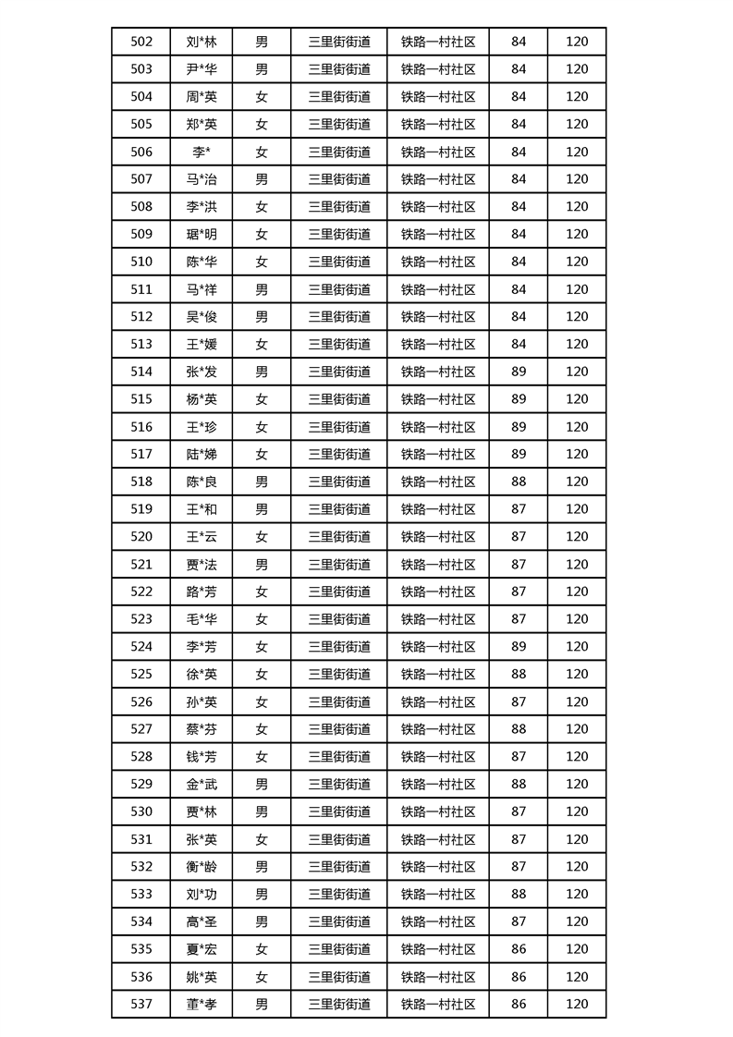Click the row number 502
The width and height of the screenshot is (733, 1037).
(141, 42)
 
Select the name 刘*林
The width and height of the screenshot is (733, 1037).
(202, 42)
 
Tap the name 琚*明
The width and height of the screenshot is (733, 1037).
(202, 235)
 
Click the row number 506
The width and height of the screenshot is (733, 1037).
(141, 152)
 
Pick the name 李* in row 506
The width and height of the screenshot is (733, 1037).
(202, 152)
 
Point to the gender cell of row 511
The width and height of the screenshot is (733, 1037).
(262, 289)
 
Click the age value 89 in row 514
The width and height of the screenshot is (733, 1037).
(519, 372)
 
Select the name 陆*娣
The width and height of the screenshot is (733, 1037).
(202, 454)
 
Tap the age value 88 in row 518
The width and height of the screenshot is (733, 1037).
(519, 482)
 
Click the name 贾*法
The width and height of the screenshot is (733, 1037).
(202, 564)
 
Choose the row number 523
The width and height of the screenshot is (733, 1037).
(141, 619)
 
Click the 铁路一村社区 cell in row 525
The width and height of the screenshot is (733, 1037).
(438, 674)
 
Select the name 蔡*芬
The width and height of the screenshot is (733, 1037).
(202, 729)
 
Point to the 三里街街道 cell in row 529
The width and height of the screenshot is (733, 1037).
(339, 784)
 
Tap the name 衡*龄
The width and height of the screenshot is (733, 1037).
(202, 867)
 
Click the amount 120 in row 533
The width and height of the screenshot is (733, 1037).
(577, 894)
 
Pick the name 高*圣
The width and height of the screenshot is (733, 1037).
(202, 921)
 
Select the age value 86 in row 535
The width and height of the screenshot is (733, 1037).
(519, 949)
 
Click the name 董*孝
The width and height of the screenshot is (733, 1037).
(202, 1004)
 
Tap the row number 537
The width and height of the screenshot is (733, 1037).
(141, 1004)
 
